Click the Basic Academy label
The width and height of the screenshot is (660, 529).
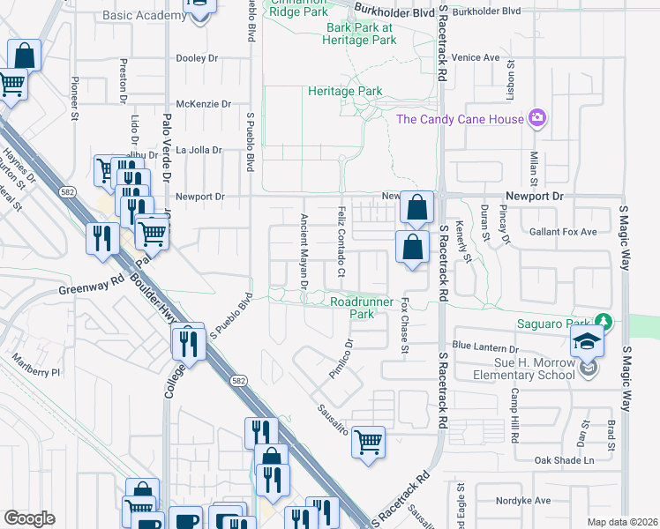[141, 15]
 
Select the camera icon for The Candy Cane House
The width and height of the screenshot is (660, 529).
[536, 118]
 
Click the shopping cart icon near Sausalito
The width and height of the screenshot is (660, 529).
[368, 442]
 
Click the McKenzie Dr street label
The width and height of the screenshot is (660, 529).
[203, 104]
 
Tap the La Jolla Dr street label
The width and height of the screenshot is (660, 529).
[199, 150]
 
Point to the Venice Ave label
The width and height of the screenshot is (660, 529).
[476, 58]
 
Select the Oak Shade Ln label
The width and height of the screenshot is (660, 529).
[565, 460]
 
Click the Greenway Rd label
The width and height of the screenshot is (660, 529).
[90, 287]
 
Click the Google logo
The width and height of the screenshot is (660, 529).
[29, 518]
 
